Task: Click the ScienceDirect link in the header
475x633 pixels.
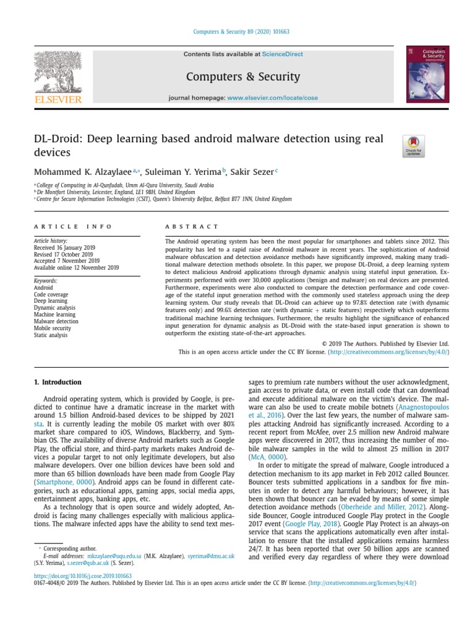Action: point(283,54)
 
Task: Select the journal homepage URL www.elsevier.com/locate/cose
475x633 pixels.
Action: point(273,98)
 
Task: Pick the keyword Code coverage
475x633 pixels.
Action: point(51,294)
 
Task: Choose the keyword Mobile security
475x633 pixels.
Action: point(53,328)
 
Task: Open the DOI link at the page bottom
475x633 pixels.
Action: point(82,576)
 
